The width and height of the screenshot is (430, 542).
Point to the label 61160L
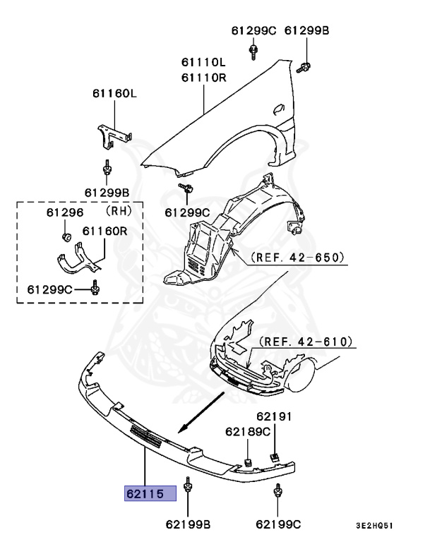114,93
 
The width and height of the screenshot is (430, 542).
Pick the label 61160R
104,231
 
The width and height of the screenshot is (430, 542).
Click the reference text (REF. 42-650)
297,259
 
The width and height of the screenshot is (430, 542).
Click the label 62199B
189,524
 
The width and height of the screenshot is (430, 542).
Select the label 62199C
278,524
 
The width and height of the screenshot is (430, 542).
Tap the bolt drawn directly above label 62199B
189,487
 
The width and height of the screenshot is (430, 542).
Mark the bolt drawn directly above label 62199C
279,492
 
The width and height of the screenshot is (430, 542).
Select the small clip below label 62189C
249,463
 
